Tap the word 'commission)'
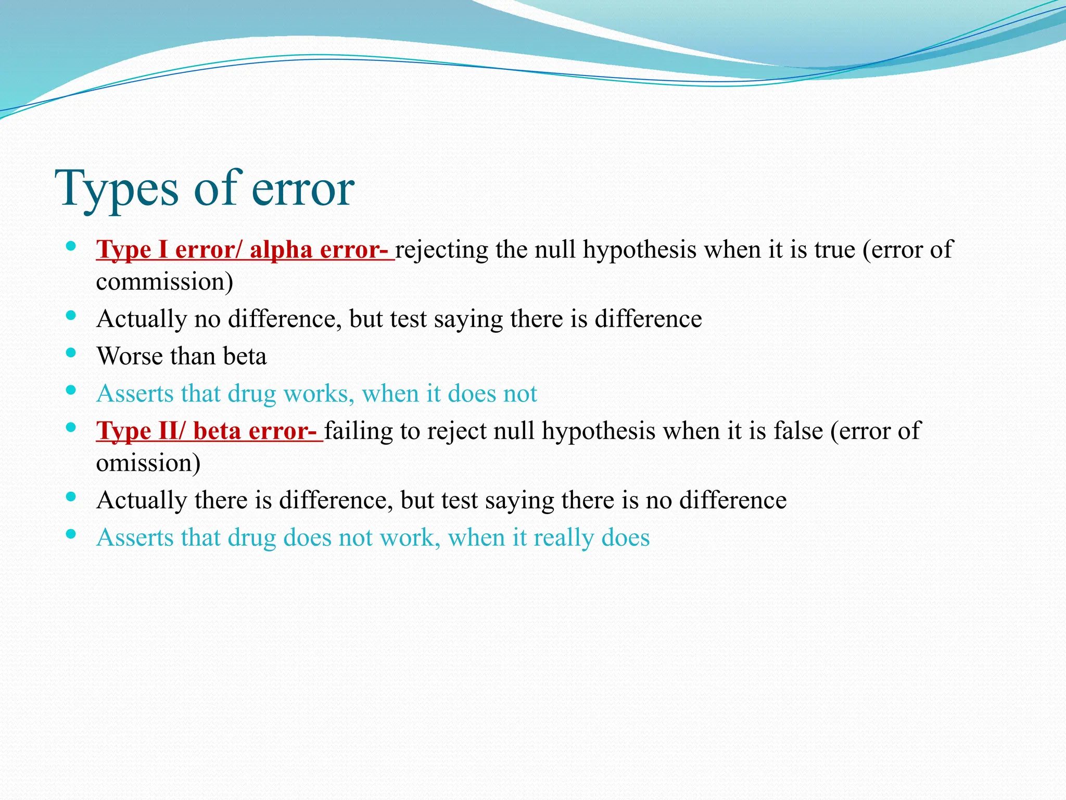pos(164,282)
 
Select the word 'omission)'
pos(148,463)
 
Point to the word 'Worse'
pos(130,357)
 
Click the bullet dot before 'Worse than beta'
pos(71,354)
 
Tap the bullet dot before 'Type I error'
pos(71,246)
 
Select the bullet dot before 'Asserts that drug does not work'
pos(71,534)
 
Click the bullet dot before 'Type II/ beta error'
pos(71,427)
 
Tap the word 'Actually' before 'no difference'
pos(142,319)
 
